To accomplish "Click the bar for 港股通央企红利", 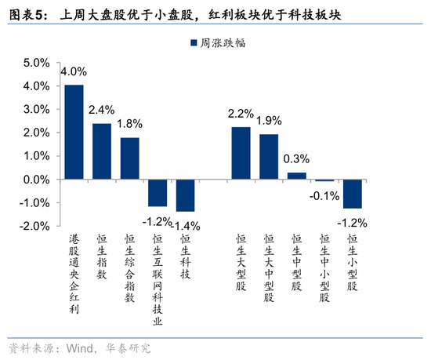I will pyautogui.click(x=74, y=132).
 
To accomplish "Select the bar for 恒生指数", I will pyautogui.click(x=102, y=151).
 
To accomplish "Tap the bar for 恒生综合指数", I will pyautogui.click(x=130, y=158).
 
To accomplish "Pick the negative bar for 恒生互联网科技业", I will pyautogui.click(x=158, y=193).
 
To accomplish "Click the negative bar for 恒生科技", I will pyautogui.click(x=186, y=195).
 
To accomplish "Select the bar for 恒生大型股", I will pyautogui.click(x=241, y=153).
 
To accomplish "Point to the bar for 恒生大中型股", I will pyautogui.click(x=269, y=157).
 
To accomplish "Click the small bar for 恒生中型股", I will pyautogui.click(x=297, y=176).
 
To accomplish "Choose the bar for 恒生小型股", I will pyautogui.click(x=353, y=193).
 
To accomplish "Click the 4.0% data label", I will pyautogui.click(x=74, y=71).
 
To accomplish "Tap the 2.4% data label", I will pyautogui.click(x=102, y=109).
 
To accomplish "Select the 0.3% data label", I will pyautogui.click(x=297, y=159).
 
